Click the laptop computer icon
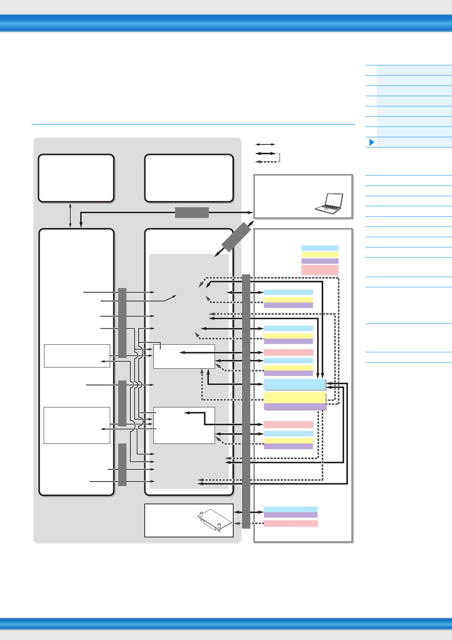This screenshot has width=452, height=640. [329, 203]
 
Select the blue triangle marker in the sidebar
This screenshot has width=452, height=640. [372, 142]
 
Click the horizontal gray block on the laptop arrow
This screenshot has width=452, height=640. [192, 212]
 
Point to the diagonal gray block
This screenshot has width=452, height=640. [236, 237]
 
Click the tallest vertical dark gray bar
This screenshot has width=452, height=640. [246, 401]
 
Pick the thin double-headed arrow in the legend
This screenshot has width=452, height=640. [265, 144]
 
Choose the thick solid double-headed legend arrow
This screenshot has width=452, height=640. [266, 154]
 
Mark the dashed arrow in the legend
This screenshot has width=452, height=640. [266, 162]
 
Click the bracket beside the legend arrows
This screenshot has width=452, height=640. [279, 158]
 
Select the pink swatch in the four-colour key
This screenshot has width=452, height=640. [320, 270]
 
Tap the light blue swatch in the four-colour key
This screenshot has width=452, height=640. [320, 248]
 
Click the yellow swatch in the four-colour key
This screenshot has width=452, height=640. [320, 255]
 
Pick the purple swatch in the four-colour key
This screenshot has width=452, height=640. [320, 261]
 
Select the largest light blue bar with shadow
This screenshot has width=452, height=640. [295, 384]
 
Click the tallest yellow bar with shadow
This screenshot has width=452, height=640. [295, 398]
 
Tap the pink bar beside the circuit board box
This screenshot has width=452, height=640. [291, 523]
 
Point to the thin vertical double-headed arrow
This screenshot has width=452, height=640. [70, 215]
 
